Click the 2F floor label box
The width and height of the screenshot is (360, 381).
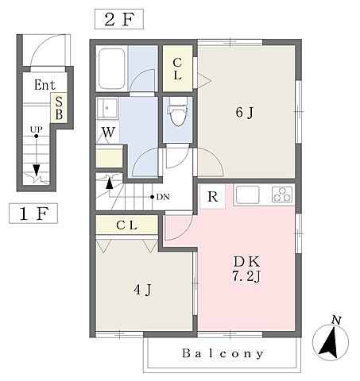point(119,19)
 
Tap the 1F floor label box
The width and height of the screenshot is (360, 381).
point(33,214)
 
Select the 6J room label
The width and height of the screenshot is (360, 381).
point(245,113)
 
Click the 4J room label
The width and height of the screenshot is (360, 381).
point(143,290)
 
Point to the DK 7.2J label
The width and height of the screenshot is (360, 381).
point(246,269)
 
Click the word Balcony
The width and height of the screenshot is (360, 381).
point(223,353)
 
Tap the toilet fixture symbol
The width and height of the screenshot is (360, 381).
point(177,112)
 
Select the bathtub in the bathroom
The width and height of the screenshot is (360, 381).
point(111,69)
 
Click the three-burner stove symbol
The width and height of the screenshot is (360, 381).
point(282,194)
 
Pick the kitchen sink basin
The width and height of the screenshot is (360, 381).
point(248,194)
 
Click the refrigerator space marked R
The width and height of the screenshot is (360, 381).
point(213,197)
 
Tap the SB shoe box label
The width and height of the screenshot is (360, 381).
point(59,108)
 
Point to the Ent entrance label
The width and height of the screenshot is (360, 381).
point(45,85)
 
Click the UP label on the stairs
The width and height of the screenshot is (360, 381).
point(36,129)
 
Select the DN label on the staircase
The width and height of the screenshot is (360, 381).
point(163,197)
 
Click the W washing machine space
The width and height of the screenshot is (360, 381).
point(108,133)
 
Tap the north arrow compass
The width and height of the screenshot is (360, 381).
point(331,341)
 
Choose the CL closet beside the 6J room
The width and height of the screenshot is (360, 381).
point(177,69)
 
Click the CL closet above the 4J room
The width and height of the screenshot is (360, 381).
point(126,225)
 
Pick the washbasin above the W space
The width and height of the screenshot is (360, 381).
point(107,108)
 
